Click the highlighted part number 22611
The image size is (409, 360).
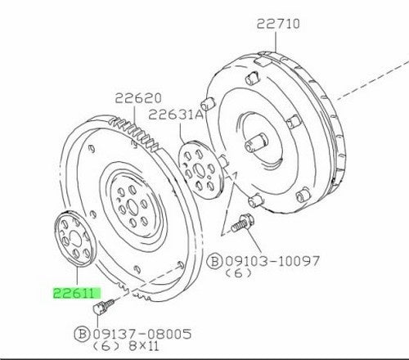(74, 293)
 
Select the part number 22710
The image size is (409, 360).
(278, 24)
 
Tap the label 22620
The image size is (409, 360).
(138, 98)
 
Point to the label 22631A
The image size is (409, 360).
(176, 115)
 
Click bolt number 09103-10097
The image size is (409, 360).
(272, 261)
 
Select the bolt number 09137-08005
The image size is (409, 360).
(142, 334)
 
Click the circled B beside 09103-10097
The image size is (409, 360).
(215, 262)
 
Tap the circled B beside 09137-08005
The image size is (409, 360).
(82, 334)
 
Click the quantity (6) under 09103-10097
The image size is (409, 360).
(238, 273)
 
